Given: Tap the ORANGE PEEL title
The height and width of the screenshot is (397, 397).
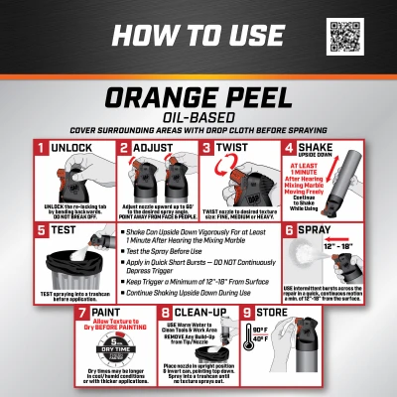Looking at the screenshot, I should pyautogui.click(x=198, y=102).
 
